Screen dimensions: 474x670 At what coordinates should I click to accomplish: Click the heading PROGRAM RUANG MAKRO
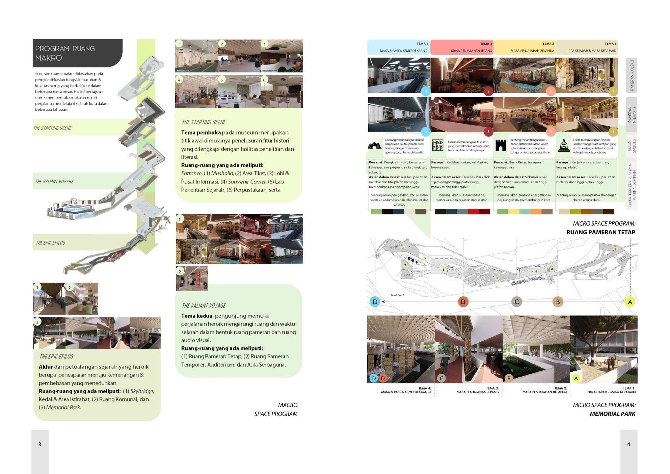(65, 53)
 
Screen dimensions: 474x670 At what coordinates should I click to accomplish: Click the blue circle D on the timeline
(375, 302)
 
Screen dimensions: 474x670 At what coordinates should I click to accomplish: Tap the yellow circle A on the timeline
(630, 302)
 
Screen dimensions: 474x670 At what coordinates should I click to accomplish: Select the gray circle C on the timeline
(516, 302)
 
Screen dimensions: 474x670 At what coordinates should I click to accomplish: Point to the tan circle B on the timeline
(558, 302)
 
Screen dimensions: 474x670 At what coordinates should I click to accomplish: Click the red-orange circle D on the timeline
(463, 302)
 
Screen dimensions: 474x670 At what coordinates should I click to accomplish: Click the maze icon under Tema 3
(438, 146)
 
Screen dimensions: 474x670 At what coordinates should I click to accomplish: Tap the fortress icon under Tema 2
(501, 146)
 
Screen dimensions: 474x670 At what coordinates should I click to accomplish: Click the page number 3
(39, 444)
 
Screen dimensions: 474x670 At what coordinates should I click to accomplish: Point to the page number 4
(628, 444)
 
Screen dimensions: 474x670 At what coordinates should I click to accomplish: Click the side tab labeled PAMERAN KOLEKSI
(632, 75)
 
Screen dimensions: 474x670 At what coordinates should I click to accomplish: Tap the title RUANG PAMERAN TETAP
(600, 232)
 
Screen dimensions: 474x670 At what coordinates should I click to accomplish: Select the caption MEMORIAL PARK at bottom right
(612, 414)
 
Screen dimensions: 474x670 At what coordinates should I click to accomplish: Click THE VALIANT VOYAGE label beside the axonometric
(54, 182)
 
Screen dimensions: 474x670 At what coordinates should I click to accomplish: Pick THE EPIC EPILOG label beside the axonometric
(51, 243)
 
